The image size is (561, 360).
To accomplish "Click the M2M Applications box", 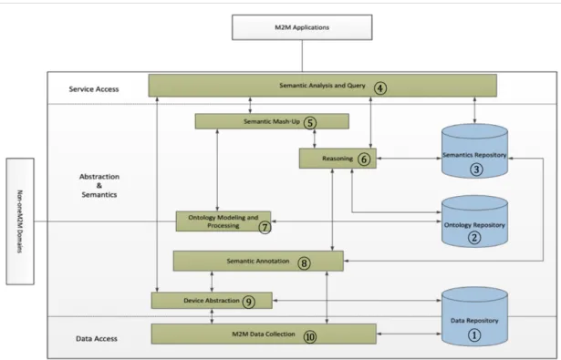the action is [302, 27].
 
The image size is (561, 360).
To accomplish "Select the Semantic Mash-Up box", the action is [272, 121].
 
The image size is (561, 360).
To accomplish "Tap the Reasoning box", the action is [338, 159].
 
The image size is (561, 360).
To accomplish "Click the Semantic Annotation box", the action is [258, 261].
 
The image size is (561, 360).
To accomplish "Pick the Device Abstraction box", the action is [212, 300].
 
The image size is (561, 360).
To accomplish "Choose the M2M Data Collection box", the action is [264, 334].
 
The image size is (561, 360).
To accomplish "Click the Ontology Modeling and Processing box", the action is [223, 221].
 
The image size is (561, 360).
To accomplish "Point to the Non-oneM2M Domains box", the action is [20, 221].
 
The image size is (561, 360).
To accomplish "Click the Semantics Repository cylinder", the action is [474, 151].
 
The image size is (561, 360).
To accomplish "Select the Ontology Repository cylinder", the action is [474, 221].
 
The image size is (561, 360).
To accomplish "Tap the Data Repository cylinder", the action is [474, 317].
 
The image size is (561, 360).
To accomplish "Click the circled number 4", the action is [380, 87].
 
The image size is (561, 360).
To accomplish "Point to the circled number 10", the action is [310, 336].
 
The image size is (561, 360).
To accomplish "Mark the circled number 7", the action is [265, 227].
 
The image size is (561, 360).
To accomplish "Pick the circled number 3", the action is [476, 170].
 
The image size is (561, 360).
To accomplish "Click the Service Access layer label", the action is [94, 89].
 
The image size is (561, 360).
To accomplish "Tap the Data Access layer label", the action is [97, 338].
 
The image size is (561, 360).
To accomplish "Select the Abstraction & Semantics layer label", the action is [99, 186].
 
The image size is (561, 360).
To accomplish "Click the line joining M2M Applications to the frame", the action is [302, 56].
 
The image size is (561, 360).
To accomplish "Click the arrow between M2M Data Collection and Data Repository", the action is [409, 334].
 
